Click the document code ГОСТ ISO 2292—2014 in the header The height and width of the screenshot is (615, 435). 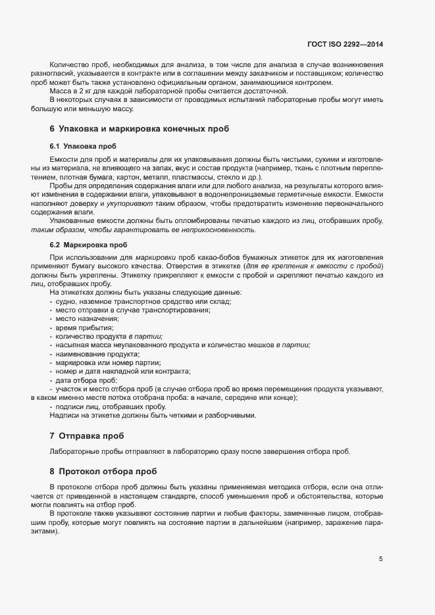pos(345,44)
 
